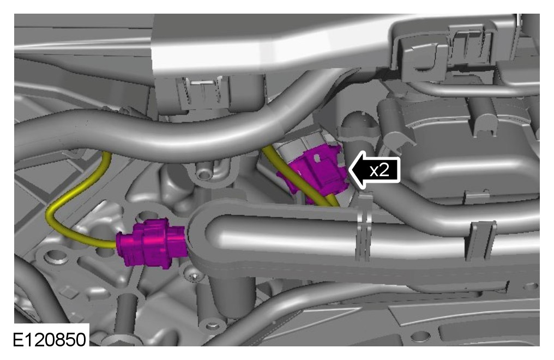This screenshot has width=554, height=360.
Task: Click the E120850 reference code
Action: coord(49,339)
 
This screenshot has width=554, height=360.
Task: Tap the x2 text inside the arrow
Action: coord(380,170)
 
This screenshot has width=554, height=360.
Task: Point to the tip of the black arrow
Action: coord(349,170)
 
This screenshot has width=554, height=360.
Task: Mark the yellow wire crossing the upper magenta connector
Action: coord(300,177)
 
